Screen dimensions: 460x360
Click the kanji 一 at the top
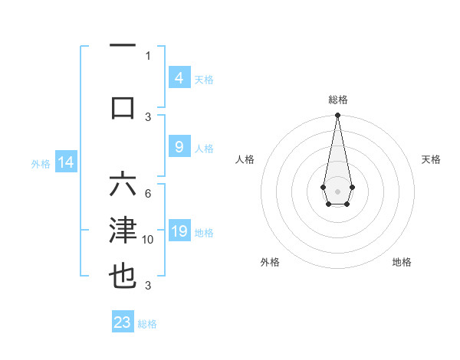[x=123, y=45]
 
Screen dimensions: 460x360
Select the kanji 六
[x=123, y=186]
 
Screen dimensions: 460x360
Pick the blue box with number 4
[x=179, y=78]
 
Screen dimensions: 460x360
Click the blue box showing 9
[x=179, y=147]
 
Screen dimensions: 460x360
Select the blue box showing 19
[x=179, y=231]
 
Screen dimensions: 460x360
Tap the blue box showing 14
[x=65, y=162]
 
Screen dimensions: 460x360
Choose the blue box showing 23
[x=123, y=322]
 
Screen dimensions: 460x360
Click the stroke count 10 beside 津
[x=148, y=240]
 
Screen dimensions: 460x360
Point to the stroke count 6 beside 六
[x=148, y=194]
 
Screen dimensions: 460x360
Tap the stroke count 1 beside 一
[x=148, y=55]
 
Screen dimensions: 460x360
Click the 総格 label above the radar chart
[x=337, y=100]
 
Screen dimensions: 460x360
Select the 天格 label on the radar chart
[x=431, y=159]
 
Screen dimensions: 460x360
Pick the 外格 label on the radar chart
[x=270, y=262]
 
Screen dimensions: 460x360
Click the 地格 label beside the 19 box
[x=204, y=232]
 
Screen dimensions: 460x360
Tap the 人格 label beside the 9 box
[x=204, y=148]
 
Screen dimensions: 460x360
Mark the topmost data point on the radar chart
[x=337, y=116]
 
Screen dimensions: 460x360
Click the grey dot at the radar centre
[x=337, y=190]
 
